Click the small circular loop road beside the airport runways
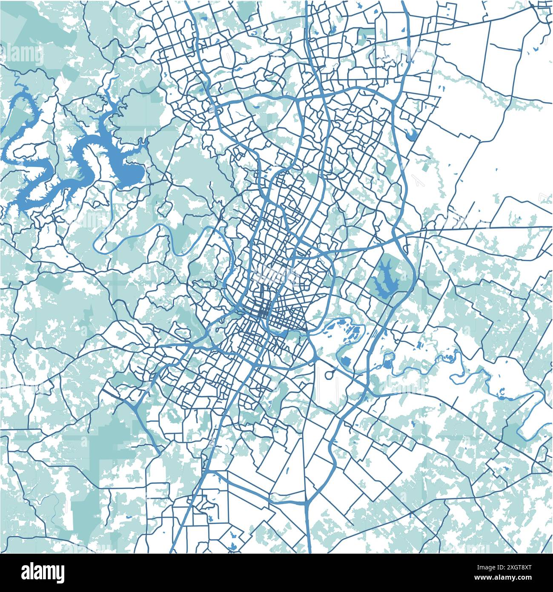click(x=330, y=374)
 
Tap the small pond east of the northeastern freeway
click(x=411, y=135)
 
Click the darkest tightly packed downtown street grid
click(x=264, y=313)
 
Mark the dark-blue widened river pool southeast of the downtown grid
click(x=279, y=331)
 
